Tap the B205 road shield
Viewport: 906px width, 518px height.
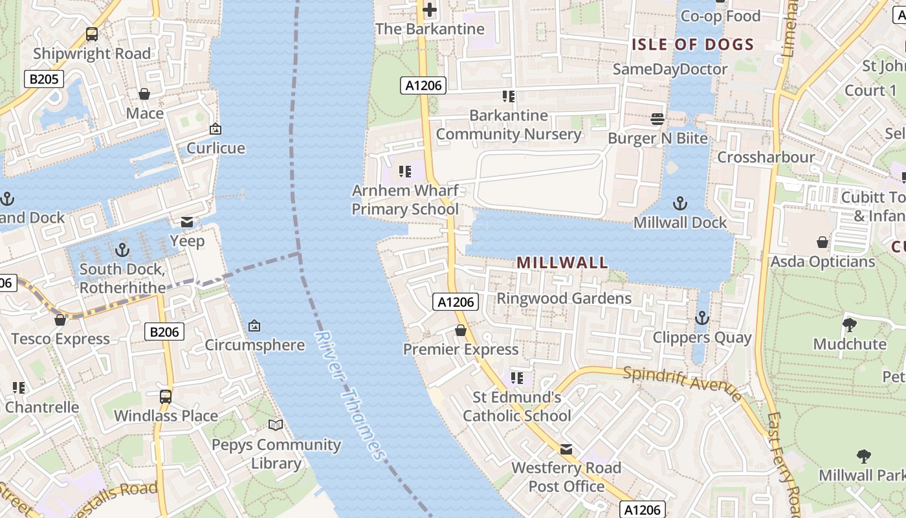[x=44, y=80]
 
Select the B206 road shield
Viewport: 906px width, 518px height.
[x=164, y=332]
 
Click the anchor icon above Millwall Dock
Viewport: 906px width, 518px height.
[x=679, y=204]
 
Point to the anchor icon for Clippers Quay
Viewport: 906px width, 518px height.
[x=702, y=318]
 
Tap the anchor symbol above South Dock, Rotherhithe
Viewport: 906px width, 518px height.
[x=122, y=249]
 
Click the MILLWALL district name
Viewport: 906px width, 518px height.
[x=562, y=262]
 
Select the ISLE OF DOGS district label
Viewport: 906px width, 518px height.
[x=693, y=45]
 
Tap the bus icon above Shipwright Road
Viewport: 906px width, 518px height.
[x=92, y=34]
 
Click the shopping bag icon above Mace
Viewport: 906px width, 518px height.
[x=144, y=95]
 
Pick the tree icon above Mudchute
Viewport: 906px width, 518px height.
[x=849, y=325]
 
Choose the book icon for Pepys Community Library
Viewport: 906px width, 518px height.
[x=276, y=425]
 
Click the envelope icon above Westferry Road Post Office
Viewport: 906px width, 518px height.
[x=566, y=449]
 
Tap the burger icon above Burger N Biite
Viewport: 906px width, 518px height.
[x=657, y=119]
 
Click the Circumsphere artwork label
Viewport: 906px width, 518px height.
[x=254, y=344]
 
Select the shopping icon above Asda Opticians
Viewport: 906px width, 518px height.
[x=822, y=243]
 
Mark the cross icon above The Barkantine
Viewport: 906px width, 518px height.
[x=430, y=10]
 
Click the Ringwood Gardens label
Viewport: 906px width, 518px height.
[x=564, y=298]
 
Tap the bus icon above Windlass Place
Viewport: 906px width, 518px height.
[x=166, y=396]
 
